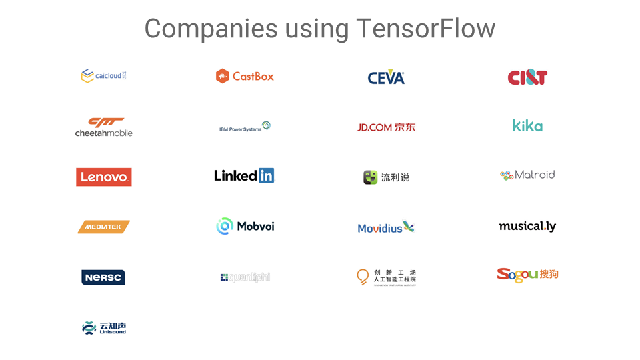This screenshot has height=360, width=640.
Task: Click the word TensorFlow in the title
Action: coord(425,29)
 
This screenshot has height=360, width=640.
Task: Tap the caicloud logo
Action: coord(103,76)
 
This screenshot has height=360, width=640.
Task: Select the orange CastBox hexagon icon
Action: coord(222,76)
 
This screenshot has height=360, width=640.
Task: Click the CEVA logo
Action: coord(386,78)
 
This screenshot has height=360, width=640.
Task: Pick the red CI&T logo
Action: coord(527,77)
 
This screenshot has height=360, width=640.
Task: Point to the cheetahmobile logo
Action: coord(103,127)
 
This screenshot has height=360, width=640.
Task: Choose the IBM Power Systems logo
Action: coord(245,127)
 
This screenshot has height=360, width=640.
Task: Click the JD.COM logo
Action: coord(386,127)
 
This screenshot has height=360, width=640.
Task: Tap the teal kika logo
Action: coord(527,125)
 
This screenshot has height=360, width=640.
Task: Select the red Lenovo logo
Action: coord(103,177)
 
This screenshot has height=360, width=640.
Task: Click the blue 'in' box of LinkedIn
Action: coord(266,175)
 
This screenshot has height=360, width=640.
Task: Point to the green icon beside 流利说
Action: coord(370,177)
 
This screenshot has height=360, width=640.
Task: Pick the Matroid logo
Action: coord(527,175)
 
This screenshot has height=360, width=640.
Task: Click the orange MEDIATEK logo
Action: coord(103,227)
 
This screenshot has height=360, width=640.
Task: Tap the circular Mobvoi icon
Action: coord(225,226)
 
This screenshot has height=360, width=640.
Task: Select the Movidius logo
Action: coord(386,227)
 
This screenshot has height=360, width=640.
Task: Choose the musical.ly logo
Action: coord(527,226)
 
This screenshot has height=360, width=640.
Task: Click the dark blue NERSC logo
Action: coord(103,277)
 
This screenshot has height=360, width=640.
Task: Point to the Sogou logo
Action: coord(527,274)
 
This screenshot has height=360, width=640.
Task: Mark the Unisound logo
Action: coord(103,327)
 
